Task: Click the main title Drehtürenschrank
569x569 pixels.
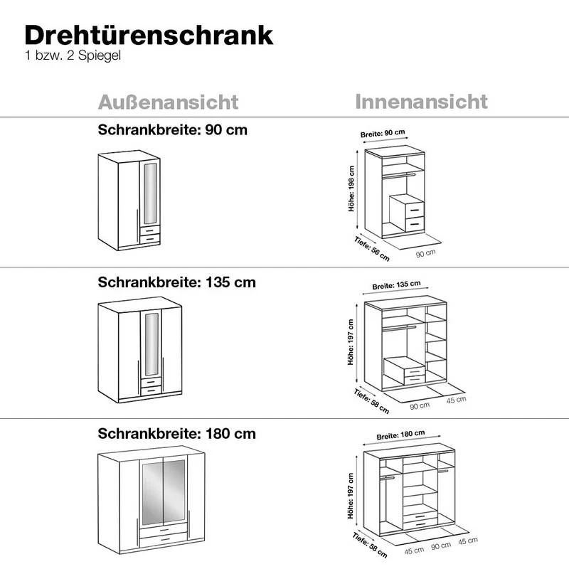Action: coord(149,35)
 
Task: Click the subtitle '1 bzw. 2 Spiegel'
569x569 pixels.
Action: coord(73,55)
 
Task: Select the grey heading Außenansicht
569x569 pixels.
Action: coord(168,102)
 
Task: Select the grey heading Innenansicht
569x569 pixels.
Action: coord(421,102)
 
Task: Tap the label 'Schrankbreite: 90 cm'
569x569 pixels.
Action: coord(172,129)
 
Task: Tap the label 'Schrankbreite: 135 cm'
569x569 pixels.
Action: coord(176,282)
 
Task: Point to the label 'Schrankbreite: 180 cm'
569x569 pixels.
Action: coord(176,433)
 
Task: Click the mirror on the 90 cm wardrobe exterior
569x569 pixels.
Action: coord(151,193)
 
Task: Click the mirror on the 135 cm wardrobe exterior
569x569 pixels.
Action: coord(151,344)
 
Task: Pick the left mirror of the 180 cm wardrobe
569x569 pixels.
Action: coord(152,492)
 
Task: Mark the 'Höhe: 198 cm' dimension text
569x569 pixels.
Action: coord(351,188)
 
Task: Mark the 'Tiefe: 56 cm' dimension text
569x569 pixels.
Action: coord(372,248)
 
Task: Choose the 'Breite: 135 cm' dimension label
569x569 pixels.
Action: coord(396,285)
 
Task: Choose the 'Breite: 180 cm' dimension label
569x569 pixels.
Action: coord(400,435)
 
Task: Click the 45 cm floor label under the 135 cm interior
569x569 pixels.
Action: coord(456,400)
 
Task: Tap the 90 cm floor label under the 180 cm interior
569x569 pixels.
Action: coord(441,546)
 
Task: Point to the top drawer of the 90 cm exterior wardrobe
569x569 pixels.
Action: coord(150,230)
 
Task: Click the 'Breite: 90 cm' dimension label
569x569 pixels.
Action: coord(383,133)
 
